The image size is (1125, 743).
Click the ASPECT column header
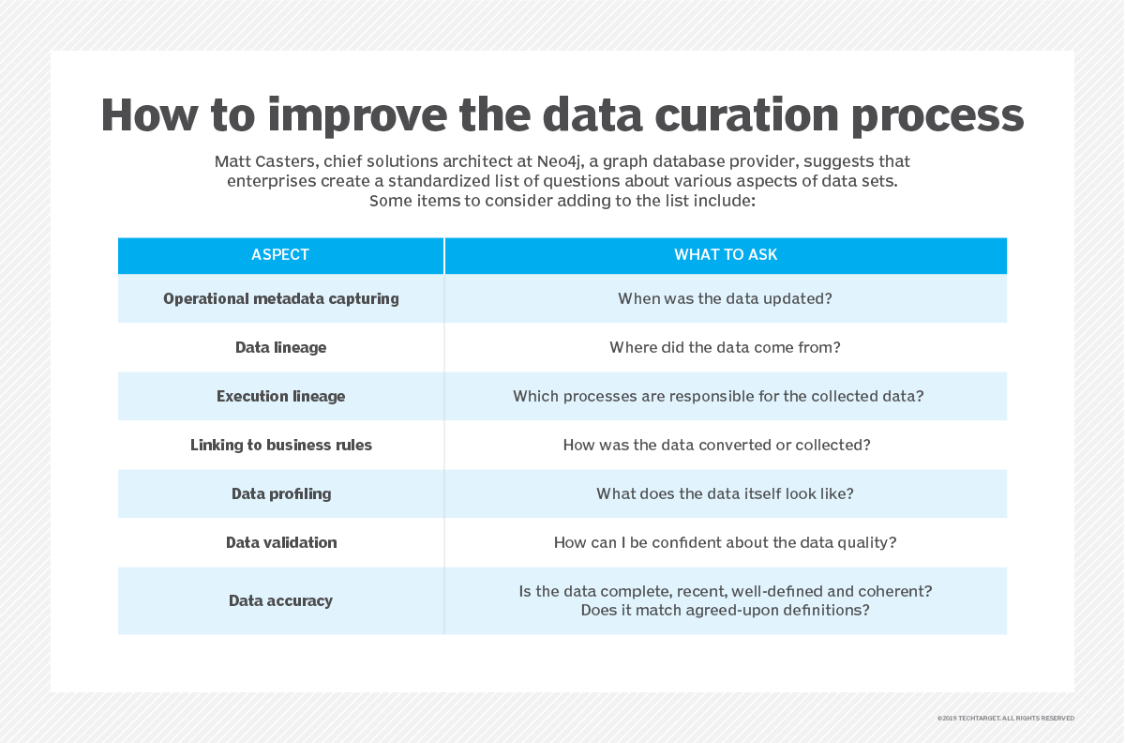click(280, 255)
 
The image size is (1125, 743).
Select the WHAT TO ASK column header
click(725, 255)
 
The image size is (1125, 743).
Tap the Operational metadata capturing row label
click(280, 298)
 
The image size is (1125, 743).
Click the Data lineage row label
click(280, 347)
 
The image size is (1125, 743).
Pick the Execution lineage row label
click(280, 396)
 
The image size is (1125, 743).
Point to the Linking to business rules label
click(280, 445)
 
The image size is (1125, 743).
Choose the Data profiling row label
click(280, 493)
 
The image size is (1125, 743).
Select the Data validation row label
click(280, 542)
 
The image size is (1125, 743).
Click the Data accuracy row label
click(280, 600)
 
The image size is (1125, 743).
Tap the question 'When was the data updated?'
click(725, 298)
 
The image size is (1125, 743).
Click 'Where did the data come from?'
click(725, 347)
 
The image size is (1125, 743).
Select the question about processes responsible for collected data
click(718, 396)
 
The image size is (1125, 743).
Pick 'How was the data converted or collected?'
click(716, 445)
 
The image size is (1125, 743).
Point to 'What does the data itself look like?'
click(725, 493)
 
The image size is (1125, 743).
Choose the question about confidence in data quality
click(725, 542)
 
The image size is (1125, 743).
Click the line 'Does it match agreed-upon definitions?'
click(725, 610)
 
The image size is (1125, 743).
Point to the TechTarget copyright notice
click(1005, 718)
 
